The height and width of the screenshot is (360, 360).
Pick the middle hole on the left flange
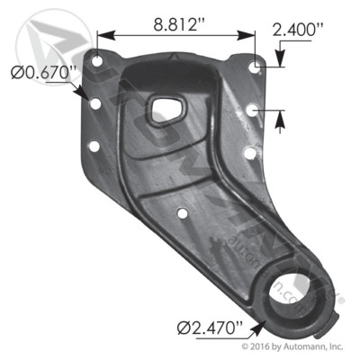94,104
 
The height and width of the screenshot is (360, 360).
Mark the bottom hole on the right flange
247,152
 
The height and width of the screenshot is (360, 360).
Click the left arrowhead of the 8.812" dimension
102,36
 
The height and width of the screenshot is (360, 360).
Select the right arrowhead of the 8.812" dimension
250,36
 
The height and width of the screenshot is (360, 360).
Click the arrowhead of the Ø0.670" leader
85,95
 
